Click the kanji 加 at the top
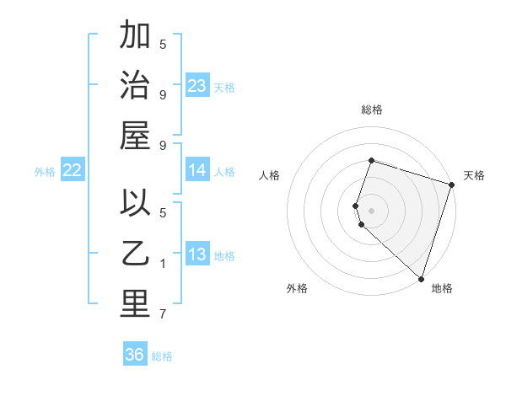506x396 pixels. pos(135,35)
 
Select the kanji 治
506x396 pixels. pos(135,86)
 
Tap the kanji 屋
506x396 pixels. pos(135,136)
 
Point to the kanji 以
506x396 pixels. pos(135,204)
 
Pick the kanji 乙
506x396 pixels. pos(135,254)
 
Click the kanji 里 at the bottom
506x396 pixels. pos(135,305)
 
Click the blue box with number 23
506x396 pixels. pos(197,85)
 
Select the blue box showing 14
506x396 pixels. pos(197,170)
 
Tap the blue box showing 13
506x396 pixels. pos(197,254)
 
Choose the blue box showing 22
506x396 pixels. pos(73,170)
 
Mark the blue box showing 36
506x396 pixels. pos(135,355)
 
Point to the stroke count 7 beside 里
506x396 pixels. pos(163,315)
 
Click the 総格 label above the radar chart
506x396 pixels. pos(372,110)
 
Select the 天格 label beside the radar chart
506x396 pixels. pos(474,175)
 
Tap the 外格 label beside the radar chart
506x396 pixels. pos(297,289)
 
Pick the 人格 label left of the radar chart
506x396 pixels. pos(269,175)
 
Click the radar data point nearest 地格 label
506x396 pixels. pos(421,278)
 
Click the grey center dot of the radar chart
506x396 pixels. pos(372,210)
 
